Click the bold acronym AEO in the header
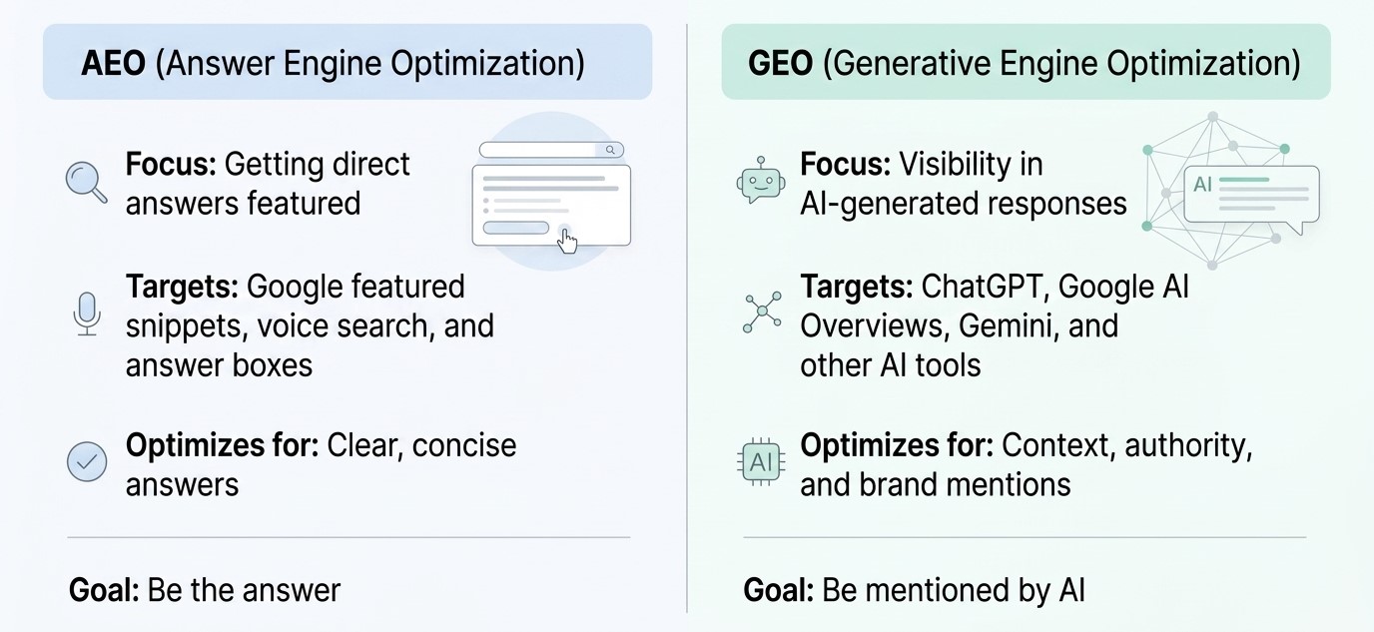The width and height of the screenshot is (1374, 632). click(x=114, y=63)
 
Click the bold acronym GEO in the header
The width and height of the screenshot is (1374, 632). click(x=780, y=63)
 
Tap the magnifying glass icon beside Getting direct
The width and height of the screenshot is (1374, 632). click(x=87, y=182)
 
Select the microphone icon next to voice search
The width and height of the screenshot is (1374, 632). click(x=87, y=315)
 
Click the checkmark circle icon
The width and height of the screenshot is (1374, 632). click(x=87, y=461)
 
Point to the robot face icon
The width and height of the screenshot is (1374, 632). click(x=761, y=181)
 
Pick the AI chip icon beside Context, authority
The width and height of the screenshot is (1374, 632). click(x=761, y=462)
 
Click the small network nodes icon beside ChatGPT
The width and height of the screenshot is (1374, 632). click(x=762, y=313)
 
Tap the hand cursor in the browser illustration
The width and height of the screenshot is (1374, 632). click(x=567, y=240)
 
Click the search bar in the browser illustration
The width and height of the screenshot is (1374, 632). click(x=551, y=150)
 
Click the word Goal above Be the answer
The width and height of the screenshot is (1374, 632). click(x=104, y=590)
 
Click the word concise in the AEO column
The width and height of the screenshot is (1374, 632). click(x=464, y=445)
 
